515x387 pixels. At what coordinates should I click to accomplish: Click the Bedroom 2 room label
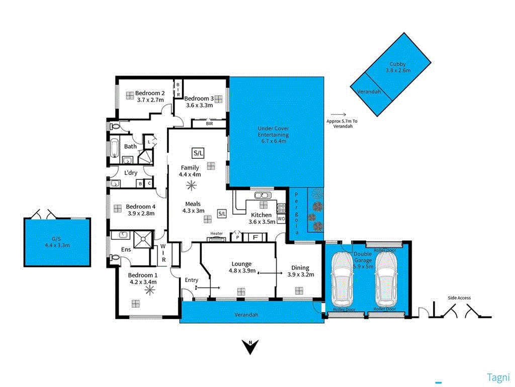(149, 93)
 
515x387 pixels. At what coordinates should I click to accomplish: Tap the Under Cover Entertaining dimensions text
(273, 141)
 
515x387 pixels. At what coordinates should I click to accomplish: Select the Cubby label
(397, 64)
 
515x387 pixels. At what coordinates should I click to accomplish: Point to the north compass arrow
(250, 347)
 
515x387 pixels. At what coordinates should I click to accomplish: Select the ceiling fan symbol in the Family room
(191, 186)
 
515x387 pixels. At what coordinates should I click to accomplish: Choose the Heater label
(216, 233)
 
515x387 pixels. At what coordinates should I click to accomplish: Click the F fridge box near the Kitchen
(255, 237)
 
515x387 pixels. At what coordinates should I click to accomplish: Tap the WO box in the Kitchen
(281, 219)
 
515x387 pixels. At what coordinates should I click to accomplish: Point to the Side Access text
(459, 298)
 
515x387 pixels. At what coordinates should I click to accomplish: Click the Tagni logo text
(498, 377)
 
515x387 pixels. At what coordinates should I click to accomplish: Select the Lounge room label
(241, 264)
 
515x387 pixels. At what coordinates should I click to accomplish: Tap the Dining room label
(300, 268)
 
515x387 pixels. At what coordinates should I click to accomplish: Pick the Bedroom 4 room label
(140, 207)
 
